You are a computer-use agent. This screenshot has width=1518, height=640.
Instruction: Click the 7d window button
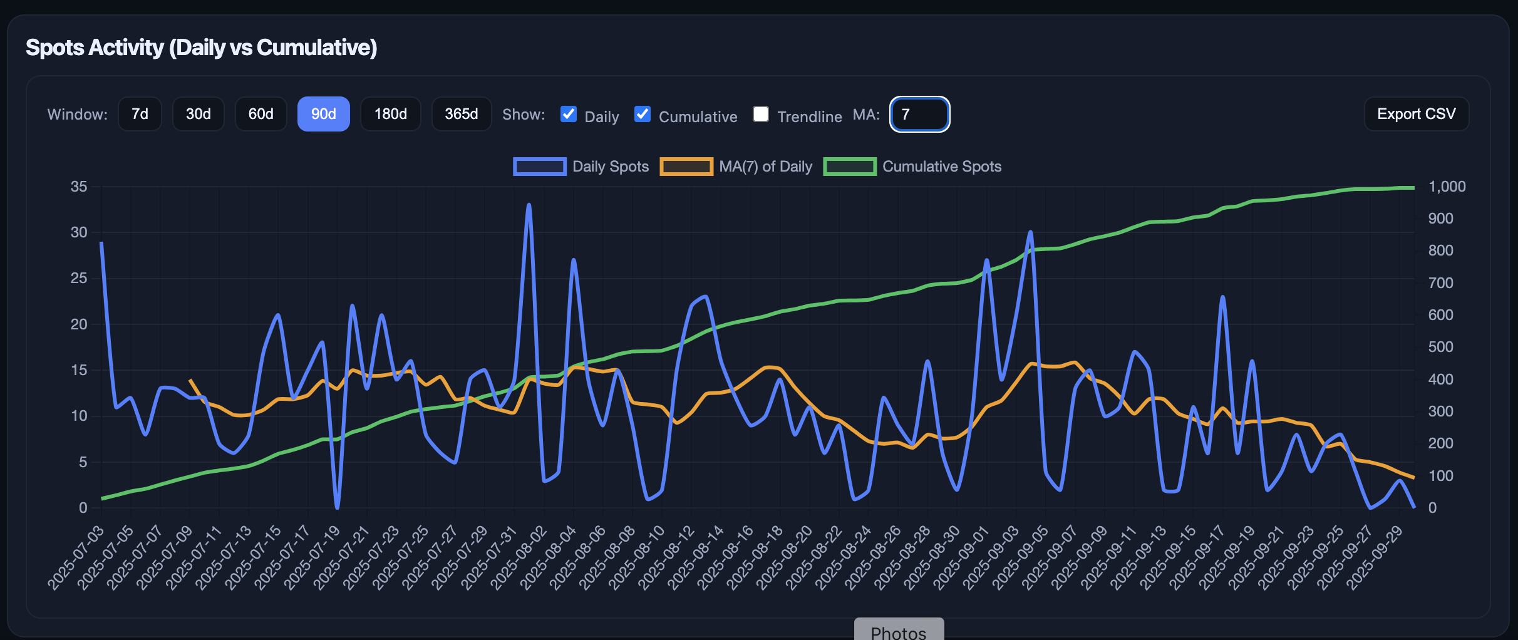(x=140, y=114)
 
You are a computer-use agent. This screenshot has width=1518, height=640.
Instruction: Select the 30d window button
(x=198, y=114)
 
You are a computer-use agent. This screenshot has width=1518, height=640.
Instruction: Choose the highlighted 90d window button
(x=323, y=114)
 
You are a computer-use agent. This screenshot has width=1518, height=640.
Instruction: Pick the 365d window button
(x=461, y=114)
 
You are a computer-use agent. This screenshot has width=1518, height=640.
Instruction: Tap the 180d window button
(x=390, y=114)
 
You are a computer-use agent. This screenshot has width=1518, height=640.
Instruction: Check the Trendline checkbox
(x=761, y=114)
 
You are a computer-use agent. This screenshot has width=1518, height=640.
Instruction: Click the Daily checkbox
(x=569, y=114)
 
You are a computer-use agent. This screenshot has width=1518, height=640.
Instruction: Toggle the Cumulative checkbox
(x=643, y=114)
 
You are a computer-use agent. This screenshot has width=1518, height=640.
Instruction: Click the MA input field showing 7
(x=919, y=114)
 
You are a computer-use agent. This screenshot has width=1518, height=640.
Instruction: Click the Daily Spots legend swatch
(x=539, y=167)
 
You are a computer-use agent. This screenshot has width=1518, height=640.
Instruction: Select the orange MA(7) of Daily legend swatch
(x=686, y=167)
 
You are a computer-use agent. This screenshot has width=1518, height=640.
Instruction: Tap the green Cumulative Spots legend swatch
(x=849, y=167)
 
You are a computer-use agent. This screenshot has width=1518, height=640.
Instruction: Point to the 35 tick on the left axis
(x=79, y=187)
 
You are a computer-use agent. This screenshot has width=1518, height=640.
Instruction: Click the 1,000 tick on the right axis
(x=1447, y=187)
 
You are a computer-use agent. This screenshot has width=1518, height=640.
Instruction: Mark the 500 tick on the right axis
(x=1440, y=347)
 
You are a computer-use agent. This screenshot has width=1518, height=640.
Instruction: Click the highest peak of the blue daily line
(x=529, y=205)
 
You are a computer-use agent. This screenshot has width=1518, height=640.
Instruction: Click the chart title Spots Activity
(x=201, y=48)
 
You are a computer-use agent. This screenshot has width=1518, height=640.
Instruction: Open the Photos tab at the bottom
(x=899, y=631)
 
